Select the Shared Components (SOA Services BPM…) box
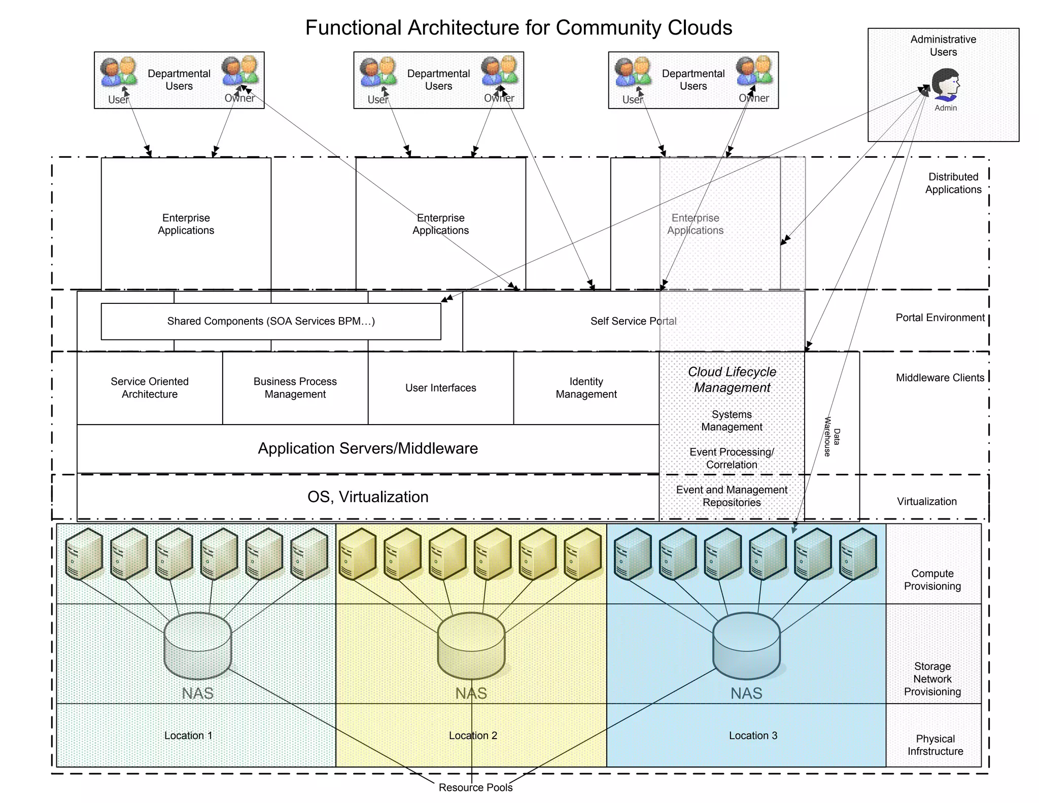coord(271,321)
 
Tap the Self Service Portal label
coord(633,321)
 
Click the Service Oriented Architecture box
coord(150,388)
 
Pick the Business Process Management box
coord(295,388)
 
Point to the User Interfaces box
coord(440,388)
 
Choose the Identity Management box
coord(586,388)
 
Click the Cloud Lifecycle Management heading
coord(732,379)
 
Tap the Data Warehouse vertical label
coord(832,436)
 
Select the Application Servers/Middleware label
coord(368,448)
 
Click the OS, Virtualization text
coord(368,497)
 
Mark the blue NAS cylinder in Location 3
coord(746,646)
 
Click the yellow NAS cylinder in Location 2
coord(471,646)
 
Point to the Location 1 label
coord(188,736)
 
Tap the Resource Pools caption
coord(475,787)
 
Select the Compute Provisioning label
coord(932,580)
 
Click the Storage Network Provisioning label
coord(932,679)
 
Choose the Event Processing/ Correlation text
coord(732,458)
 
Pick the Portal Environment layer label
coord(940,318)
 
